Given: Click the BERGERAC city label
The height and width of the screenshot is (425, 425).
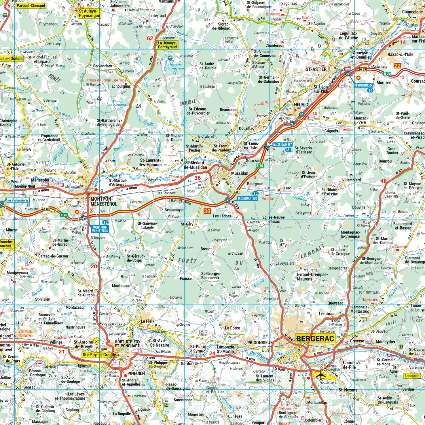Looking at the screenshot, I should pyautogui.click(x=315, y=338).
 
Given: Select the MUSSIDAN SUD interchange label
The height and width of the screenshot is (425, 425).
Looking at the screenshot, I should pyautogui.click(x=247, y=198).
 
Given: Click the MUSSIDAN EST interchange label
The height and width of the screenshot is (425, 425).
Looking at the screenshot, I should pyautogui.click(x=282, y=145).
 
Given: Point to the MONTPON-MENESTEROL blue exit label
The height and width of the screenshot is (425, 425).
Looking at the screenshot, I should pyautogui.click(x=100, y=229).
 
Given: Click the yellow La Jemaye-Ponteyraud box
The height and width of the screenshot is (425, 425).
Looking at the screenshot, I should pyautogui.click(x=168, y=45).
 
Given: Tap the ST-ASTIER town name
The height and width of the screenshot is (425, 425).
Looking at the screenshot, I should pyautogui.click(x=316, y=69).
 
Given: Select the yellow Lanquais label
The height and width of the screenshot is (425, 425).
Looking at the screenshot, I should pyautogui.click(x=412, y=376).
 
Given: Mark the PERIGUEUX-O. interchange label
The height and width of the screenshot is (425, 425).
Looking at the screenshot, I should pyautogui.click(x=364, y=86).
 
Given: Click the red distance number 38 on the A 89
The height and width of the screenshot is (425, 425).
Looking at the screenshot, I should pyautogui.click(x=207, y=211).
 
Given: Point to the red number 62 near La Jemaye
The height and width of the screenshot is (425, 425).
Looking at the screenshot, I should pyautogui.click(x=150, y=38).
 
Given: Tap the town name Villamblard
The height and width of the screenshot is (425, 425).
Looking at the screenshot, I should pyautogui.click(x=351, y=180).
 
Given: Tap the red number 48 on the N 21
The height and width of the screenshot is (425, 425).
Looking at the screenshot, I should pyautogui.click(x=383, y=181).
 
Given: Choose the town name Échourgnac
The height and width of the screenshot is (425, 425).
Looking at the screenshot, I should pyautogui.click(x=121, y=86).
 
